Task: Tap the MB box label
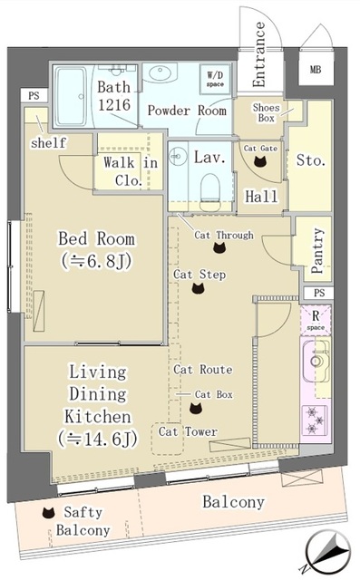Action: tap(316, 69)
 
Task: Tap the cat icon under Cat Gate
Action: tap(258, 163)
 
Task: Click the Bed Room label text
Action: tap(96, 239)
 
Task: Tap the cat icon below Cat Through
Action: tap(219, 247)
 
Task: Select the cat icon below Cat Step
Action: tap(199, 289)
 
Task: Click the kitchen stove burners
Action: tap(316, 420)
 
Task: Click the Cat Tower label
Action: tap(188, 432)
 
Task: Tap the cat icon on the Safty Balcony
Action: tap(47, 512)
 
